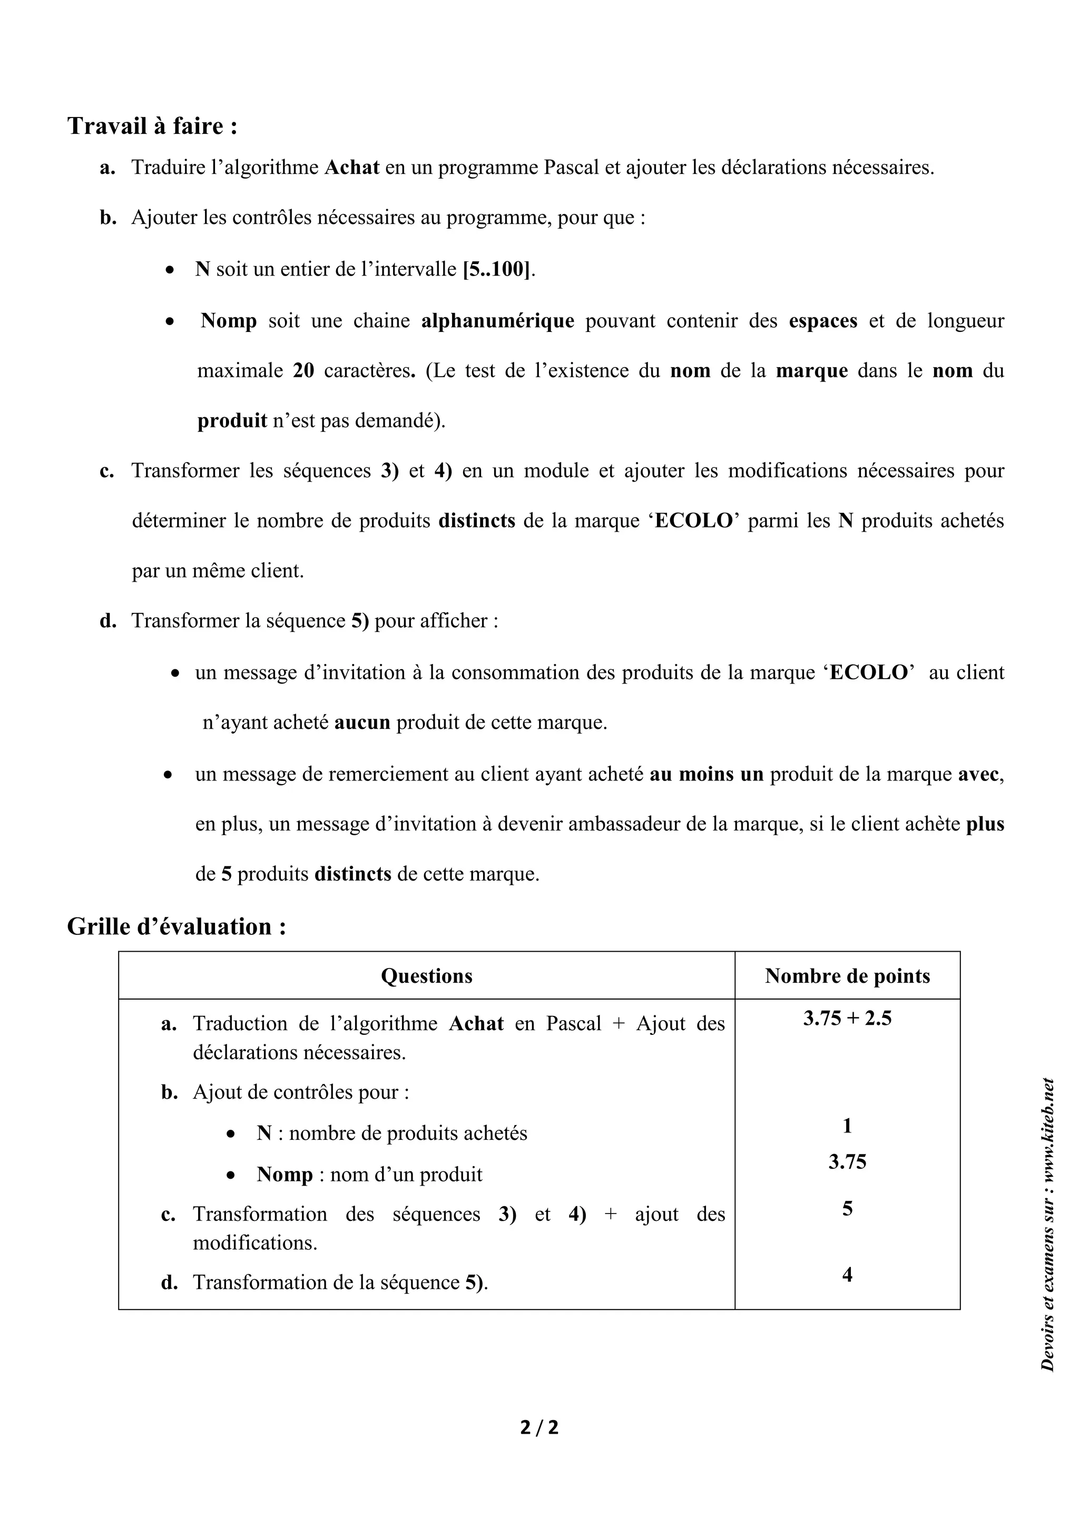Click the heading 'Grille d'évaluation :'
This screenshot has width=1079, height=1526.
[176, 926]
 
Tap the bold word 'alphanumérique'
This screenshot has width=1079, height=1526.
[498, 321]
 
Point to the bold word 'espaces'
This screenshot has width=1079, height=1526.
[822, 321]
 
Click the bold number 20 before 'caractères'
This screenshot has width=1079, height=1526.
[303, 371]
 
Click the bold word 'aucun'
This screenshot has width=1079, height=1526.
[362, 722]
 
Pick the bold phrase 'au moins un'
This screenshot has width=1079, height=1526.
[707, 774]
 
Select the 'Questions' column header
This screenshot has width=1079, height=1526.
[427, 976]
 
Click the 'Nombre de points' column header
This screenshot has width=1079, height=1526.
[847, 976]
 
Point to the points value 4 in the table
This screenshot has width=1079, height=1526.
[847, 1275]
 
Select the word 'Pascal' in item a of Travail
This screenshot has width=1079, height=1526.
[572, 168]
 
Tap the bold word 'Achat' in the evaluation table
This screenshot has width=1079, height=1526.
[476, 1023]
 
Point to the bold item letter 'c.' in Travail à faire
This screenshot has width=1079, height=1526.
[107, 471]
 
